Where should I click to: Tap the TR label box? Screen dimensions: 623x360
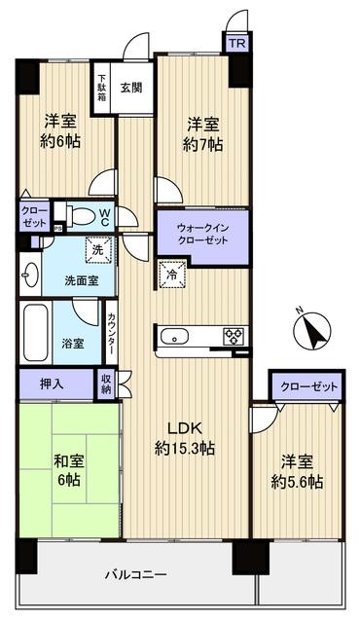coord(236,43)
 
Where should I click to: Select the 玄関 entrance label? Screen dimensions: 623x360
coord(131,86)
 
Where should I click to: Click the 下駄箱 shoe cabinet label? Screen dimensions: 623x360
coord(101,86)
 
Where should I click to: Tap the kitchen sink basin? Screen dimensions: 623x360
coord(177,337)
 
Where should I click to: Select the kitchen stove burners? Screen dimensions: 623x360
coord(234,336)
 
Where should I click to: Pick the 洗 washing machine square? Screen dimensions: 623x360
coord(98,250)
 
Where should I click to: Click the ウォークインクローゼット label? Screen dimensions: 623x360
coord(202,235)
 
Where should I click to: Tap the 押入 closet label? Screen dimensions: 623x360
coord(53,384)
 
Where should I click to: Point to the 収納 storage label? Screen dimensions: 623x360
coord(105,384)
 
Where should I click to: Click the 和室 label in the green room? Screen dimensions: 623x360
coord(66,459)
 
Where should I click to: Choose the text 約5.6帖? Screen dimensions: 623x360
coord(297,483)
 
